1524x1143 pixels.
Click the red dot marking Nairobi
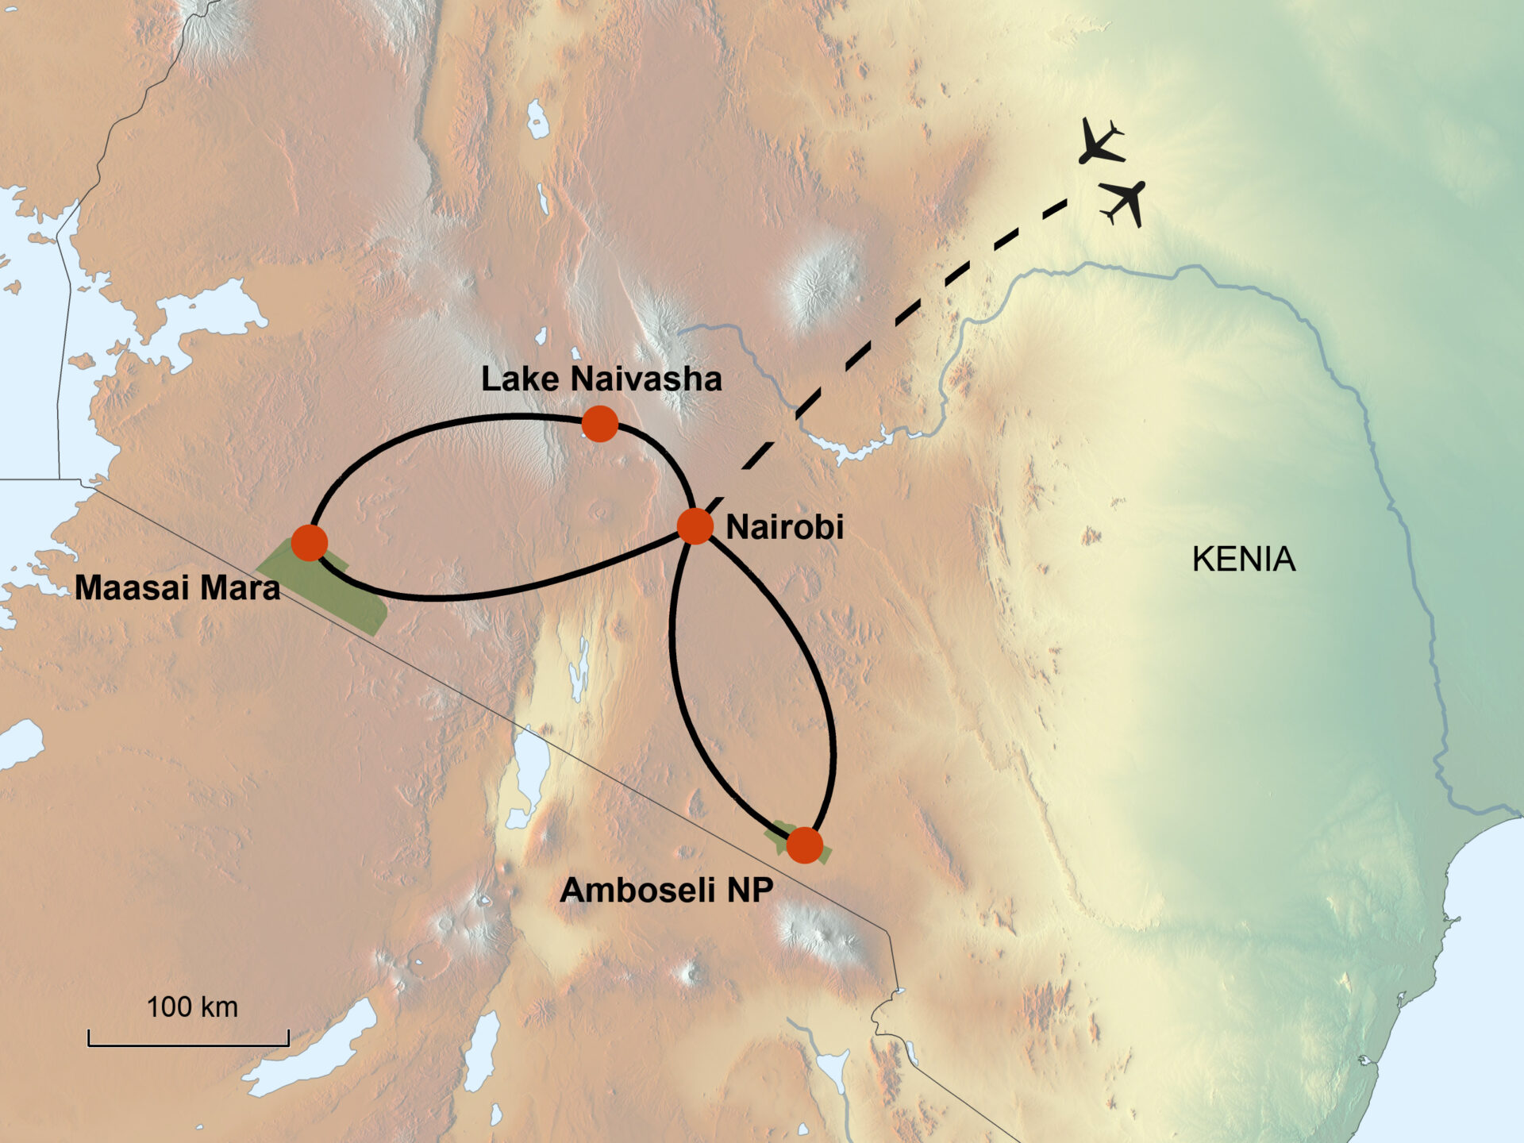(x=695, y=526)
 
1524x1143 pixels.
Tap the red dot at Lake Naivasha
(x=600, y=424)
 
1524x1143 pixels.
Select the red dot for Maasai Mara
(x=310, y=543)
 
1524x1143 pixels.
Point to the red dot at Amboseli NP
(x=805, y=845)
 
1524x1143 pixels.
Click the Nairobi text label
(x=784, y=528)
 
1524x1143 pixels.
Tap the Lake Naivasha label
(x=601, y=379)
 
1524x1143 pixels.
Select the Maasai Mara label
(x=177, y=588)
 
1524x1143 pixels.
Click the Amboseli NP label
(x=666, y=891)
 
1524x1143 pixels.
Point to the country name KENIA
(x=1243, y=560)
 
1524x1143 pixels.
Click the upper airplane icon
(x=1101, y=142)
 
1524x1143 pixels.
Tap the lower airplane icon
(x=1125, y=202)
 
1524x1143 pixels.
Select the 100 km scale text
(x=192, y=1007)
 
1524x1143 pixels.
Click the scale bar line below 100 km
(x=188, y=1043)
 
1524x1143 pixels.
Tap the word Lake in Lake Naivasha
(x=520, y=379)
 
